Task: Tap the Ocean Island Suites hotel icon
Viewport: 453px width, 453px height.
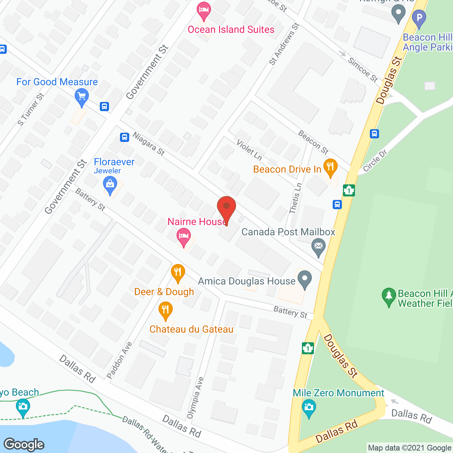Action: tap(203, 11)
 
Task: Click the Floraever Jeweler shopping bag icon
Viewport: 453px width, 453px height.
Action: tap(110, 185)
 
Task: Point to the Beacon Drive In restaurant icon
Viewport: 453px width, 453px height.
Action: tap(330, 167)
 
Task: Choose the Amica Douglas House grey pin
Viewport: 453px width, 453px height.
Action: tap(304, 279)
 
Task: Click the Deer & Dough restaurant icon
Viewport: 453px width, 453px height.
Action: tap(178, 273)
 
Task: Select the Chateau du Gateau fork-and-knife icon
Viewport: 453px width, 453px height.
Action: tap(165, 310)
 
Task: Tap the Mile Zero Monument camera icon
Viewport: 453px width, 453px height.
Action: tap(309, 408)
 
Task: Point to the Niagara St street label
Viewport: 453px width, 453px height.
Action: tap(149, 144)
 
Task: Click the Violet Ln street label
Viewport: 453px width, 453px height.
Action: tap(249, 149)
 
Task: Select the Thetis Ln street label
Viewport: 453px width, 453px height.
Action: tap(295, 198)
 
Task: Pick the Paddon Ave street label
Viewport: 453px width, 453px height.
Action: tap(120, 360)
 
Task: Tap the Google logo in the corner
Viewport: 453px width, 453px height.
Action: tap(24, 445)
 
